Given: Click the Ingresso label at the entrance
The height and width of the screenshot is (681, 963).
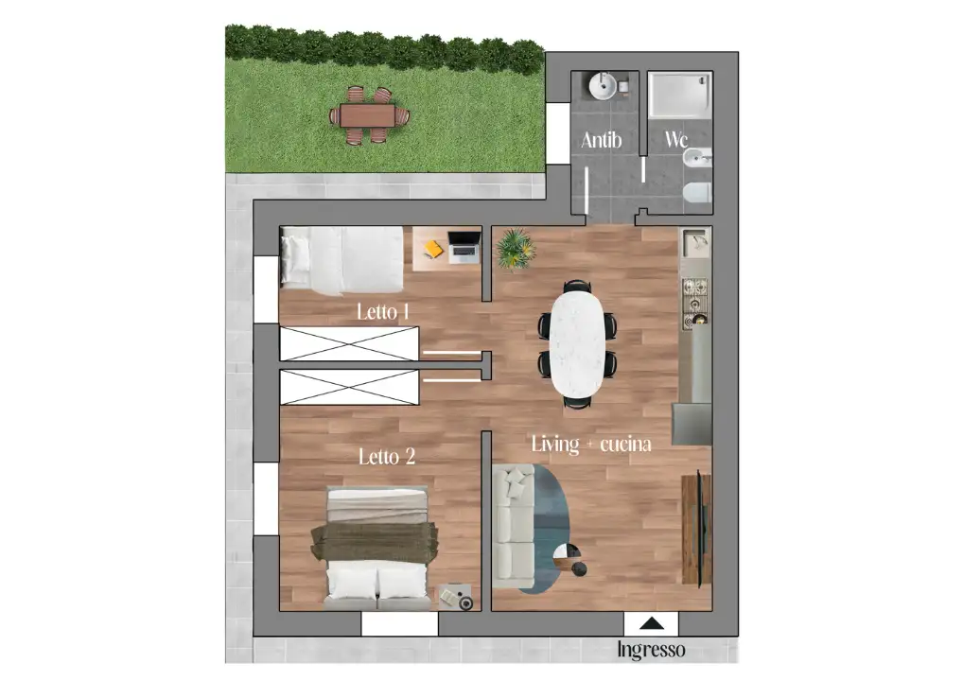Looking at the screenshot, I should click(x=651, y=651).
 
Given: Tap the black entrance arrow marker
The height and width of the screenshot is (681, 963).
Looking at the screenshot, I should click(x=651, y=623).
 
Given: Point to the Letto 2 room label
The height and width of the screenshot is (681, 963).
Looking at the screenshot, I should click(x=387, y=457).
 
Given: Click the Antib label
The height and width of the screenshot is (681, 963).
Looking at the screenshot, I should click(x=602, y=140).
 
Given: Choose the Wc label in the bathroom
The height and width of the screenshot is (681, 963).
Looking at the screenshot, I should click(x=676, y=140).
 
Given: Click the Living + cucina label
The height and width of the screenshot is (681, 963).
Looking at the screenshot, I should click(x=591, y=443).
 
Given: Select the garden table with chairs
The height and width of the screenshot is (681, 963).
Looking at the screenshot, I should click(x=369, y=115).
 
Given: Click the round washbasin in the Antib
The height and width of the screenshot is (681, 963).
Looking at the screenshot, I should click(x=603, y=87).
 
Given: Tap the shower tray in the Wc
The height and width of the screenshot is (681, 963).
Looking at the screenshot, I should click(x=679, y=96).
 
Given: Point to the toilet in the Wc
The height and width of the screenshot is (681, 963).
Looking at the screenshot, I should click(x=696, y=194).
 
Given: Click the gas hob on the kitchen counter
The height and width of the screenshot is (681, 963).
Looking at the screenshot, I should click(x=695, y=297).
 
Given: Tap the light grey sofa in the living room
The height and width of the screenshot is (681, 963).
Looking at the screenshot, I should click(x=514, y=524).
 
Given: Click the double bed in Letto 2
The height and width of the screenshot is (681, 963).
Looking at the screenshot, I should click(x=377, y=546).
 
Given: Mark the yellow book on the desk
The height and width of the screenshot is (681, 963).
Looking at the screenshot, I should click(x=433, y=249).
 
